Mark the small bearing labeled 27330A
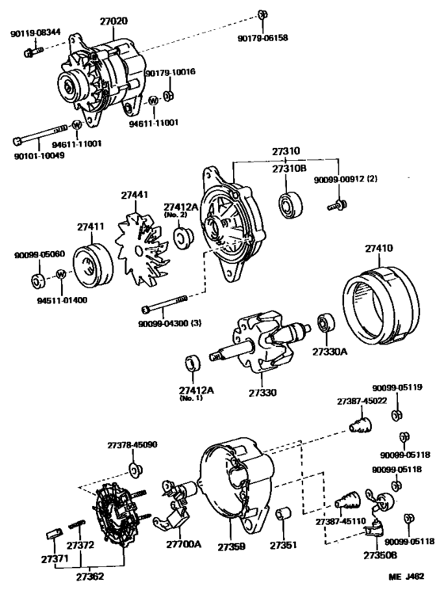click(325, 325)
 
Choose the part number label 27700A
click(184, 544)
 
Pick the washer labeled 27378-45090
click(135, 470)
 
